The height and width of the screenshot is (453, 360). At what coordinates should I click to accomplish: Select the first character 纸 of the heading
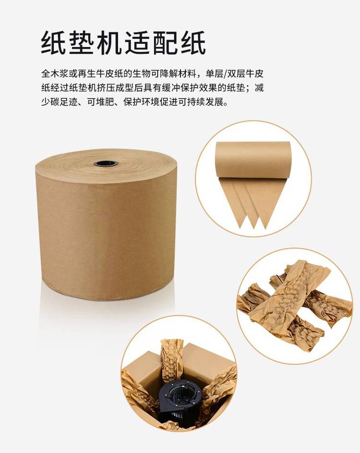pos(53,42)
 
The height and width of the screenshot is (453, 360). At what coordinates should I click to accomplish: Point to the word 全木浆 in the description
pos(55,73)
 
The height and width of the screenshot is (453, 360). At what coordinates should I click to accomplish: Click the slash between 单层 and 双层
pos(225,73)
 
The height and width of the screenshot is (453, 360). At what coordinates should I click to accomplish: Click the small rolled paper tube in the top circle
pos(252,160)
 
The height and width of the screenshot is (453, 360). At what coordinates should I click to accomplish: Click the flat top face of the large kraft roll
pos(106,166)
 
